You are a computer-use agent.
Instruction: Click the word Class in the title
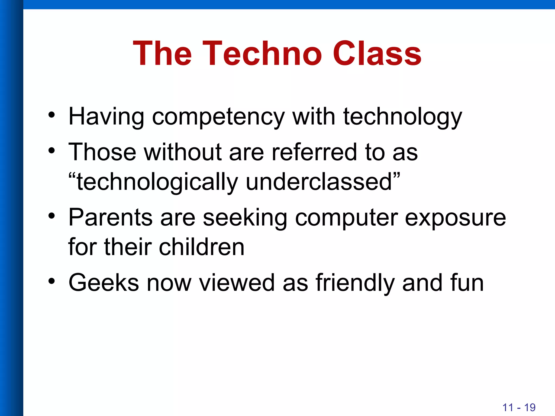pyautogui.click(x=377, y=53)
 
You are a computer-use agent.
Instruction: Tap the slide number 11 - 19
pyautogui.click(x=519, y=407)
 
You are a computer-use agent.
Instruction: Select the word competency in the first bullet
pyautogui.click(x=218, y=117)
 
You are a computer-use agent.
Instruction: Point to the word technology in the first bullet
pyautogui.click(x=402, y=117)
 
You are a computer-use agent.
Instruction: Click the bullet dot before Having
pyautogui.click(x=51, y=115)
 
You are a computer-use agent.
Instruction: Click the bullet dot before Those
pyautogui.click(x=51, y=151)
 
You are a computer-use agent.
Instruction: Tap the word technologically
pyautogui.click(x=157, y=182)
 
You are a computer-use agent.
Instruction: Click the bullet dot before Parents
pyautogui.click(x=51, y=216)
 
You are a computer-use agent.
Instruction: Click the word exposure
pyautogui.click(x=455, y=218)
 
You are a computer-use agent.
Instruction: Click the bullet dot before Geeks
pyautogui.click(x=51, y=281)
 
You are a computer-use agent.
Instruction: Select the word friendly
pyautogui.click(x=355, y=283)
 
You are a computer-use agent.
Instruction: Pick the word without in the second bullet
pyautogui.click(x=183, y=152)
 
